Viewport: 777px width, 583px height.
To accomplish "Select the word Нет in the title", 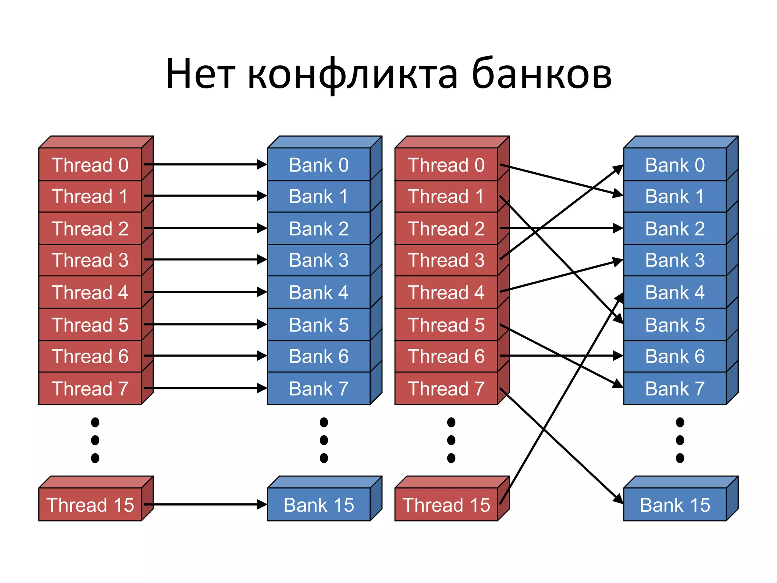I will (x=200, y=74).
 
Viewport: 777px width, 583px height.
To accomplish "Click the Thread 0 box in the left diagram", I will (x=90, y=165).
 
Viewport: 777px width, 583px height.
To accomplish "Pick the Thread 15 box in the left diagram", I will (x=90, y=504).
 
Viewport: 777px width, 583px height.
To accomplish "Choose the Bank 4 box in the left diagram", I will (x=319, y=292).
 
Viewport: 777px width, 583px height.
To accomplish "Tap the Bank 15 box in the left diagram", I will (x=319, y=504).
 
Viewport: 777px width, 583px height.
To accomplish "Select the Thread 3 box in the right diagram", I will (x=446, y=260).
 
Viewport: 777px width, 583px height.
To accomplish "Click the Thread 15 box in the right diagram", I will (x=446, y=504).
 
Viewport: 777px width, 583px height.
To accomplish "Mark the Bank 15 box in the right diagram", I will (x=675, y=504).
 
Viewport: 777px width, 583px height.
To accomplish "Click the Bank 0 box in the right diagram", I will (x=675, y=165).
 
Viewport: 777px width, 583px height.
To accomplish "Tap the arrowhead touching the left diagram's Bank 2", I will (x=262, y=228).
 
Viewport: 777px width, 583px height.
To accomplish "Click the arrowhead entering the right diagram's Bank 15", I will (x=618, y=499).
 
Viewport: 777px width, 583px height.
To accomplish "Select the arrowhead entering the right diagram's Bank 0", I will (x=618, y=169).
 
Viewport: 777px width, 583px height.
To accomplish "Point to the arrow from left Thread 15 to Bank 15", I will (x=205, y=504).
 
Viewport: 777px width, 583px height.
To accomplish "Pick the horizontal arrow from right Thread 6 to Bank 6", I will (x=562, y=356).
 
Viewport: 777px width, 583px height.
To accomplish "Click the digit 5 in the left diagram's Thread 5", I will (x=123, y=325).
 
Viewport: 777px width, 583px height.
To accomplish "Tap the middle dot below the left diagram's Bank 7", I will (x=324, y=440).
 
